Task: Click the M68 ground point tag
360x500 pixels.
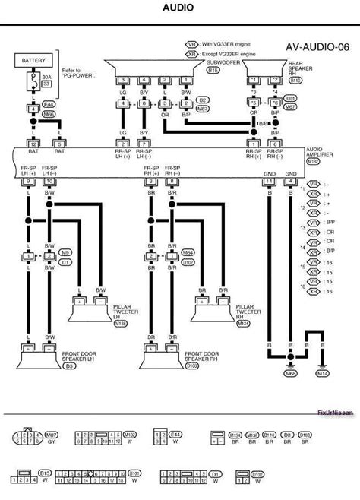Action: coord(291,373)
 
